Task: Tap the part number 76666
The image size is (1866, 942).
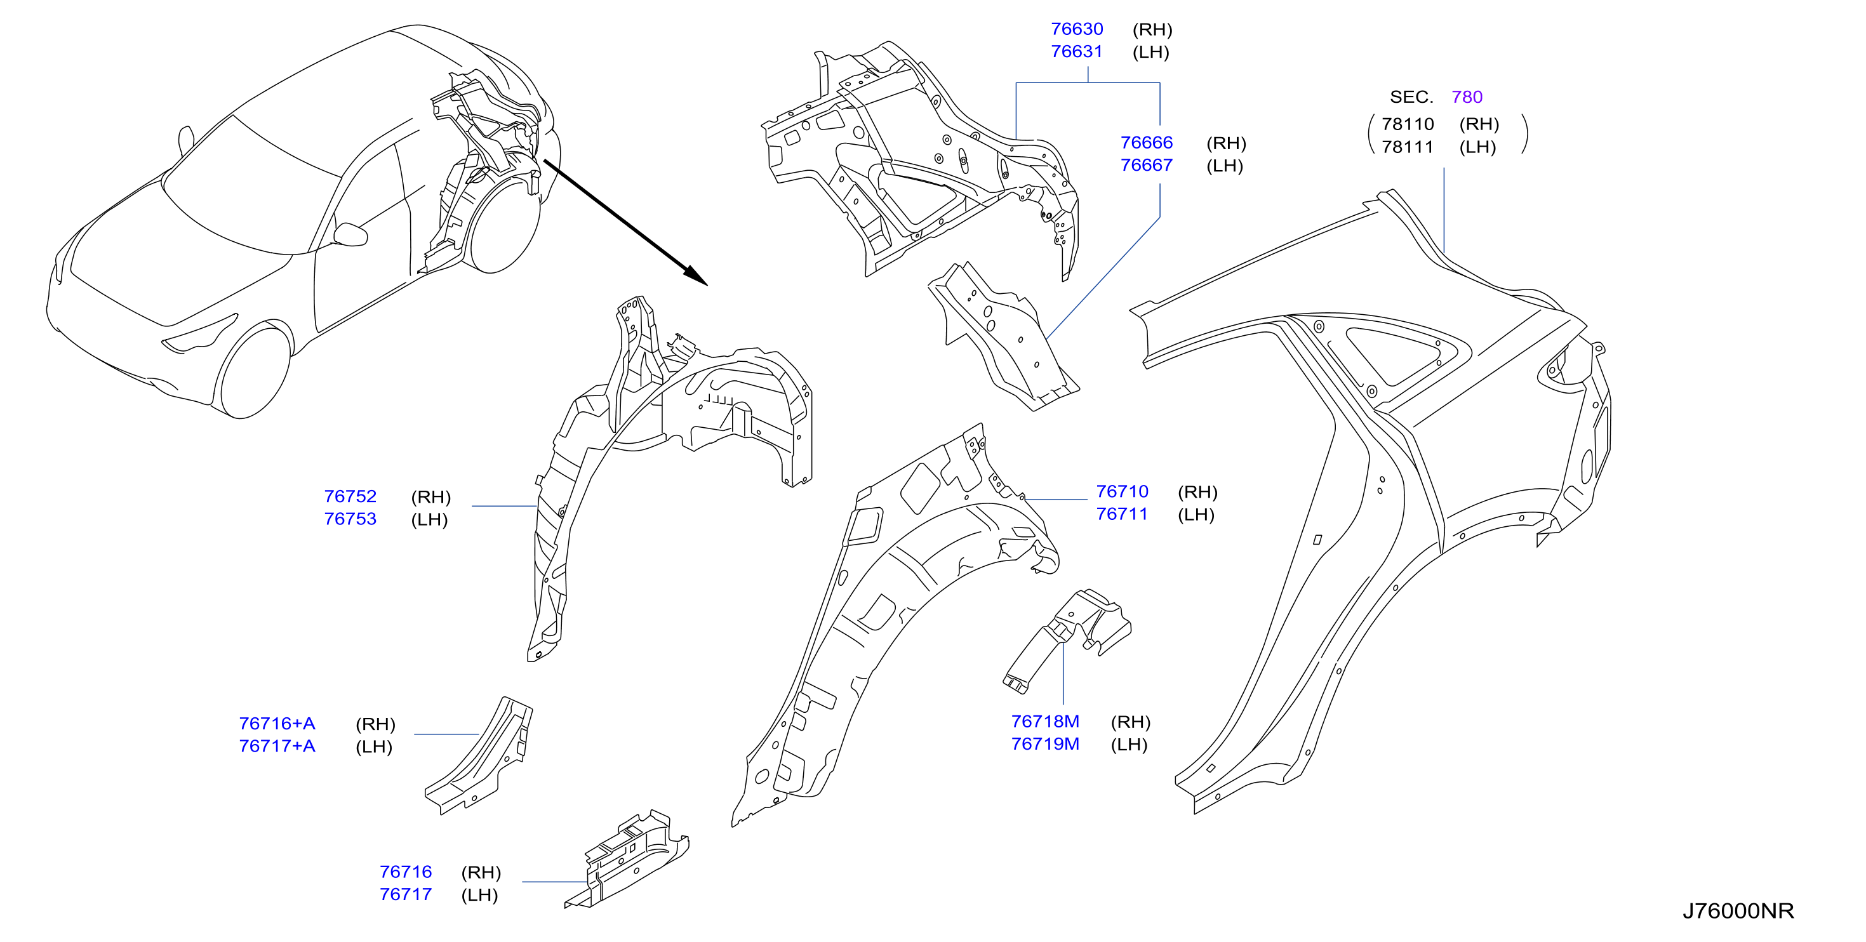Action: point(1146,143)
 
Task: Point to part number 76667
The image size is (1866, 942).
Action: point(1146,165)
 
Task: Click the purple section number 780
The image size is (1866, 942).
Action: point(1467,97)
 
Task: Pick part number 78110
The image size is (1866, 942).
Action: point(1408,124)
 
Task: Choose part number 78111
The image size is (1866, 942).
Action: point(1408,147)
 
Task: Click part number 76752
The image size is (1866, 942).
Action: point(350,496)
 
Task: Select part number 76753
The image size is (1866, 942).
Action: point(350,519)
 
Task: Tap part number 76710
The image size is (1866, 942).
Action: point(1122,492)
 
